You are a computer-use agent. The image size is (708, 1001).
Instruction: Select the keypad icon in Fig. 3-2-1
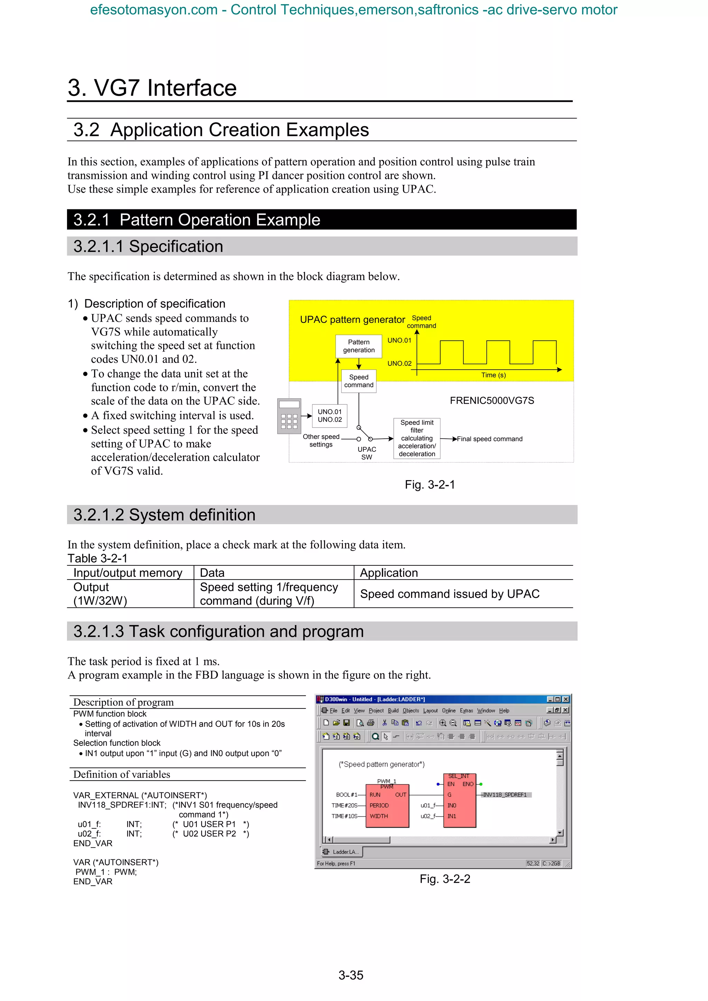tap(289, 416)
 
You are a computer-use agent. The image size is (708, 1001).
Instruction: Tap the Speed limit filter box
tap(417, 438)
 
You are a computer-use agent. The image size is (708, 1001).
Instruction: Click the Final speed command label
tap(490, 439)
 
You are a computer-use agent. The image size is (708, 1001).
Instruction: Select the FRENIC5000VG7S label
tap(492, 401)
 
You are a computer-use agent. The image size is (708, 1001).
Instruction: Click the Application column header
tap(389, 573)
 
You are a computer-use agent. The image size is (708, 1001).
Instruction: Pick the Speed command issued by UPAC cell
tap(450, 594)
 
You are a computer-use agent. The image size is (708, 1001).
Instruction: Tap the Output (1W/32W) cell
tap(100, 594)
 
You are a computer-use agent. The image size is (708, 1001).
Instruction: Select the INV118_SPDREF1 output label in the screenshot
tap(505, 795)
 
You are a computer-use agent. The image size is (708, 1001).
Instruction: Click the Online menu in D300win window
tap(448, 711)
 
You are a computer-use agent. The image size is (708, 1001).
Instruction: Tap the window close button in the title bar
tap(566, 699)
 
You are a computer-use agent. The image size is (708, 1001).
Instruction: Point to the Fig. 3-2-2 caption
tap(445, 879)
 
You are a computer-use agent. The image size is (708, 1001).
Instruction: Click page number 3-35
tap(351, 975)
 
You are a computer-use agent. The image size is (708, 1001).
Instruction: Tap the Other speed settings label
tap(321, 440)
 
